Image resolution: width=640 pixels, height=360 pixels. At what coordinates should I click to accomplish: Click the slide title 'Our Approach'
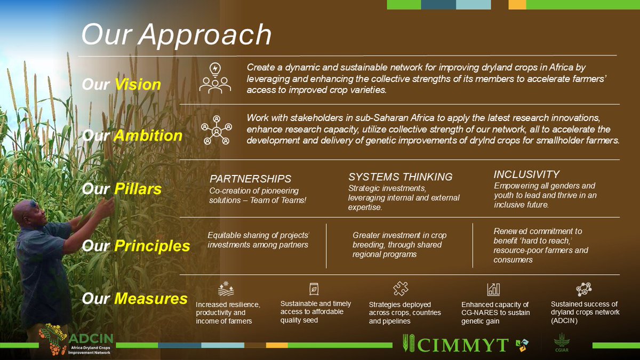click(176, 35)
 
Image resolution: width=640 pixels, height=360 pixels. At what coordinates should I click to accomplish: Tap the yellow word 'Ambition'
click(148, 135)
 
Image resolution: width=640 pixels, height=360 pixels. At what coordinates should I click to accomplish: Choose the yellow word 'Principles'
click(151, 246)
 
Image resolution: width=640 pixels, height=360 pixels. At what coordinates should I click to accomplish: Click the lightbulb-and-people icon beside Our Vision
click(215, 78)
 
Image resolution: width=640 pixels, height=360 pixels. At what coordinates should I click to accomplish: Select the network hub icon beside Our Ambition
click(216, 130)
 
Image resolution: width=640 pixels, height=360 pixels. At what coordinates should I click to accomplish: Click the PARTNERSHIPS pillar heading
click(250, 179)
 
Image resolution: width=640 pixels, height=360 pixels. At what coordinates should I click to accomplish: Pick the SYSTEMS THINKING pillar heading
click(400, 177)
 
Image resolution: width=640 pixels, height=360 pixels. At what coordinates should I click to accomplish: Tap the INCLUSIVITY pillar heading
click(526, 174)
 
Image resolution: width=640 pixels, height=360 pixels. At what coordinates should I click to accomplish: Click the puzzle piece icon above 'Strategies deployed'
click(401, 289)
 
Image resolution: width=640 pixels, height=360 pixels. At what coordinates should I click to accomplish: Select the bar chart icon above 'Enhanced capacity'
click(493, 289)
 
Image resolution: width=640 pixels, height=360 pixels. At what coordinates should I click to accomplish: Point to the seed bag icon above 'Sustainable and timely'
click(314, 289)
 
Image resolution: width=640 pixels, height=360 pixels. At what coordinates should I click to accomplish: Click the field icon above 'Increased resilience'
click(226, 289)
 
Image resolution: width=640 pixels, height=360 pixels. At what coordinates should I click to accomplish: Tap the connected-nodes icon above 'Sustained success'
click(583, 289)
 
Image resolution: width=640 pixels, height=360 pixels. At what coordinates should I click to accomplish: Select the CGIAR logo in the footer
click(561, 342)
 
